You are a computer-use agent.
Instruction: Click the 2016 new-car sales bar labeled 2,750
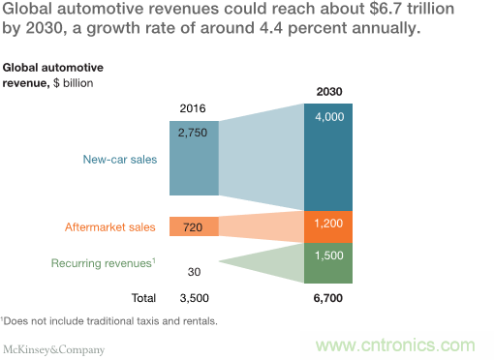click(194, 157)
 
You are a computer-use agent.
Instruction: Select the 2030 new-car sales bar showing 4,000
click(330, 155)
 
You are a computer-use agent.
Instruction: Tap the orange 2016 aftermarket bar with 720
click(194, 226)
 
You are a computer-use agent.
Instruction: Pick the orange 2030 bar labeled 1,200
click(330, 225)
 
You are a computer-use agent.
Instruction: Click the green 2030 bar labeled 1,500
click(330, 259)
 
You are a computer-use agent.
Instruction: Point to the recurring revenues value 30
click(194, 272)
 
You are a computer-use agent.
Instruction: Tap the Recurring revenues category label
click(102, 262)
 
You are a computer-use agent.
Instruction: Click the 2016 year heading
click(194, 107)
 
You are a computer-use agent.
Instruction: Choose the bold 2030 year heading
click(330, 91)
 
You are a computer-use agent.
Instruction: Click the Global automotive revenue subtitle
click(52, 75)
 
